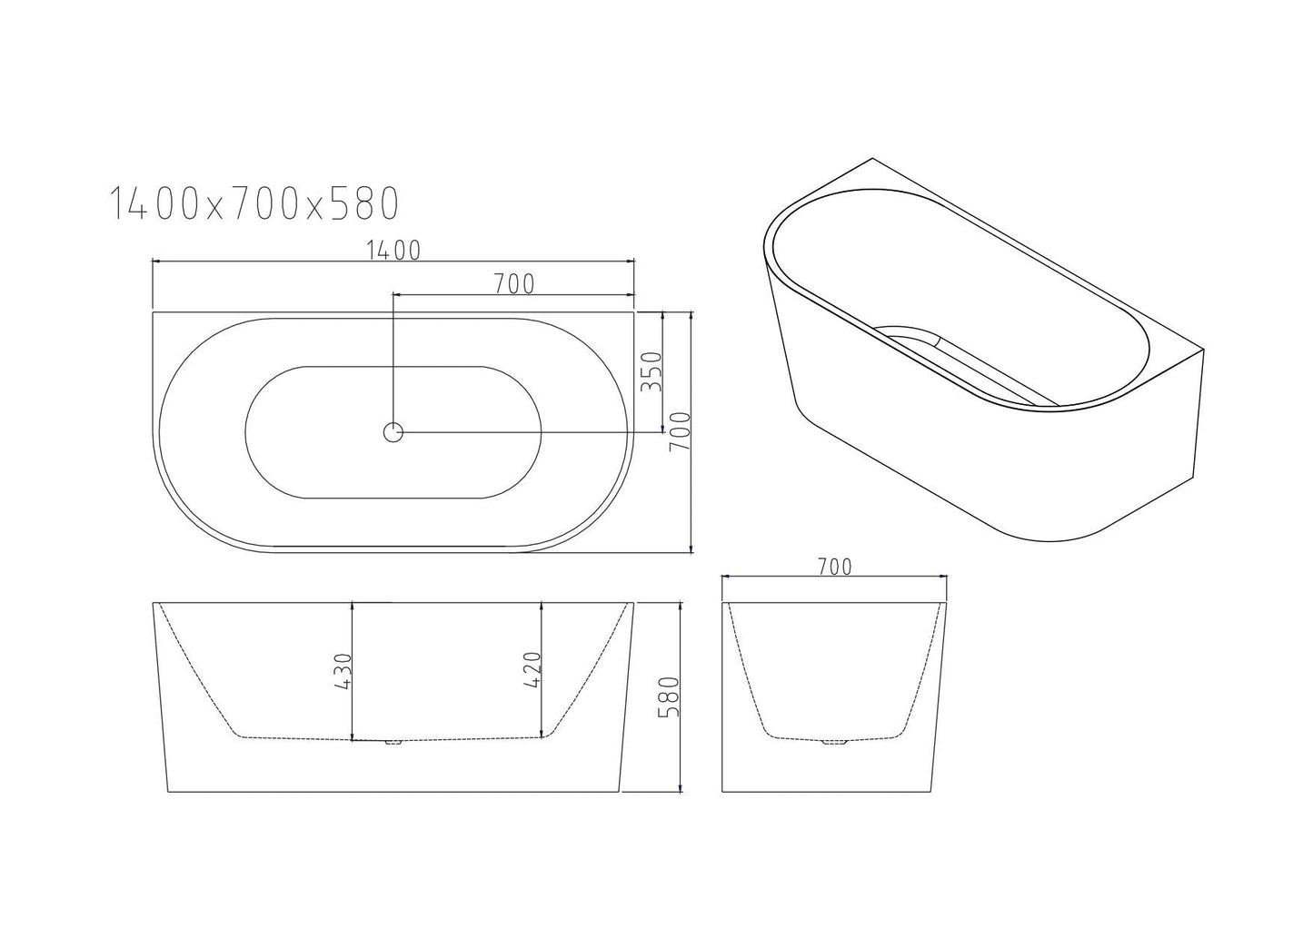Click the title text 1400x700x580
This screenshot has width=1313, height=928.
pyautogui.click(x=254, y=203)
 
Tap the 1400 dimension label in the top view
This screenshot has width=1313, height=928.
pyautogui.click(x=393, y=251)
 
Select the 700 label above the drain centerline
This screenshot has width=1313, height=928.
pyautogui.click(x=514, y=284)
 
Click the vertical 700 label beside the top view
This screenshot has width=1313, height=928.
pyautogui.click(x=681, y=432)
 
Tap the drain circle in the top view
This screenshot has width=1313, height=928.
pyautogui.click(x=393, y=432)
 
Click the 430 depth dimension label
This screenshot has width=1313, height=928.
pyautogui.click(x=343, y=672)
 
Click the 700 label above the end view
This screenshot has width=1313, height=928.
pyautogui.click(x=834, y=568)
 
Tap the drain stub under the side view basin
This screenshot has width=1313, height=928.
pyautogui.click(x=393, y=743)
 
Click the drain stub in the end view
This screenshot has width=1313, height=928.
pyautogui.click(x=833, y=743)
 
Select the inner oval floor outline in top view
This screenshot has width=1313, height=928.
pyautogui.click(x=393, y=432)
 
